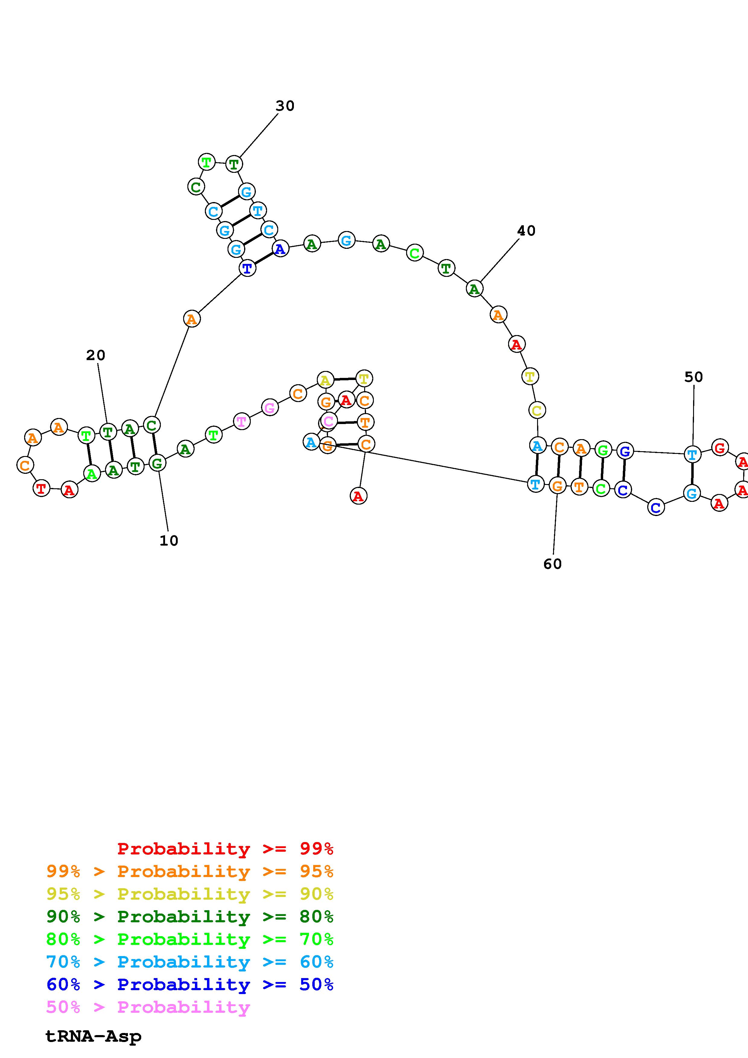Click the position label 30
(x=285, y=106)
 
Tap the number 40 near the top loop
(x=526, y=230)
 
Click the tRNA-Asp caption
(x=94, y=1036)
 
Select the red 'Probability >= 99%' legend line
(x=225, y=848)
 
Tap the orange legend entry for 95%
(x=190, y=871)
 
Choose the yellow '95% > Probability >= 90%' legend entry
(x=190, y=894)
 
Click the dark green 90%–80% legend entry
(x=190, y=917)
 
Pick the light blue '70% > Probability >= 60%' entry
(x=190, y=962)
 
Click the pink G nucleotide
(x=270, y=407)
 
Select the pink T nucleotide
(x=241, y=421)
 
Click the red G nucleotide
(x=719, y=448)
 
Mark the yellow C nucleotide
(x=537, y=410)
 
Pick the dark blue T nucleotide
(x=247, y=268)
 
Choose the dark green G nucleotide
(x=157, y=463)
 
